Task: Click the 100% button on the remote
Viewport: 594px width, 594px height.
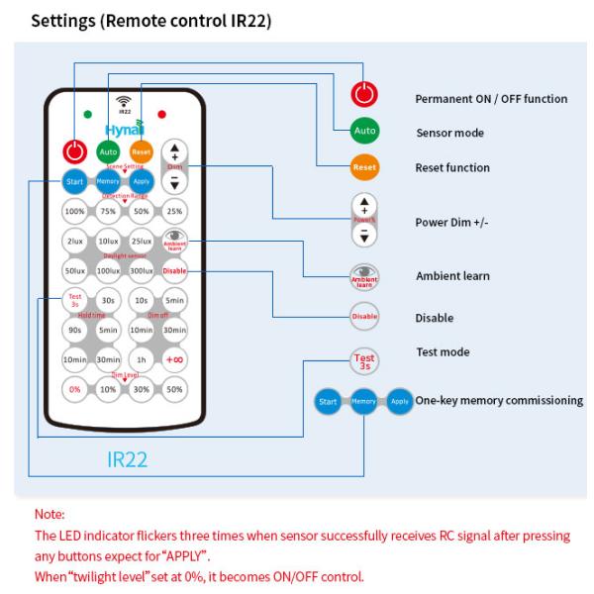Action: point(74,212)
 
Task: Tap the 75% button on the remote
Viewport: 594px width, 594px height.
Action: point(108,212)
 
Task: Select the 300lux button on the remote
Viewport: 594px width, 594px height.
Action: point(142,269)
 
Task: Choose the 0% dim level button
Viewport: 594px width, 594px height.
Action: point(74,389)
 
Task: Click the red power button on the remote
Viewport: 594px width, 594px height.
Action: point(74,151)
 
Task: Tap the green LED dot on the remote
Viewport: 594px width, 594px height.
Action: point(87,114)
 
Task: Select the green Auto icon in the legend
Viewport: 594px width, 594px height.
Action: point(364,131)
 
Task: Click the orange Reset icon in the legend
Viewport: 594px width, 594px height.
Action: point(364,167)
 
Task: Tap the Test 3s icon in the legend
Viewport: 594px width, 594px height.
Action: point(364,361)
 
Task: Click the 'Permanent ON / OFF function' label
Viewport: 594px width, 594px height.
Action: point(490,99)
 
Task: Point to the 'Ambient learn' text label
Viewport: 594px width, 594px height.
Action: point(451,275)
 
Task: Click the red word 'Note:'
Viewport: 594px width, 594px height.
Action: point(49,515)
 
